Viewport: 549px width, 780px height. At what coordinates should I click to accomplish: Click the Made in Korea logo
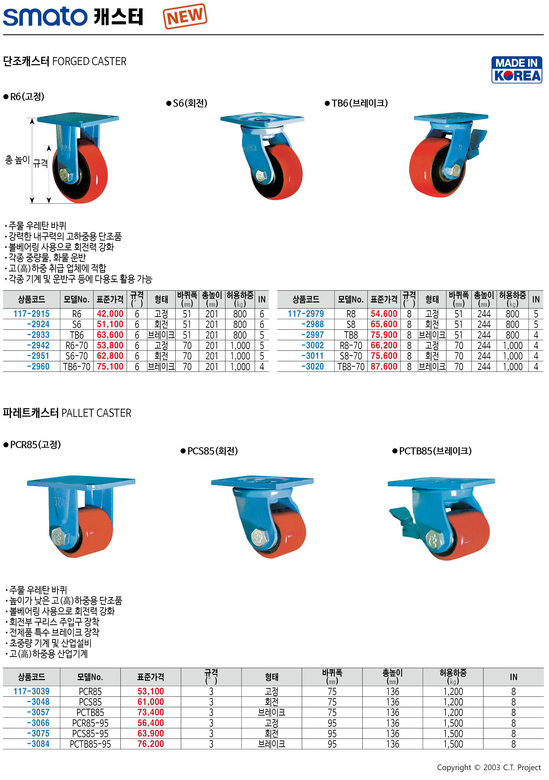coord(516,70)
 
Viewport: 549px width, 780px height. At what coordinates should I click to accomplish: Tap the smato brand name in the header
coord(45,16)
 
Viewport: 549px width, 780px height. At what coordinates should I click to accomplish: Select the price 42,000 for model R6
coord(110,314)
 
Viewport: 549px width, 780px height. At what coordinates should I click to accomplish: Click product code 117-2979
coord(306,314)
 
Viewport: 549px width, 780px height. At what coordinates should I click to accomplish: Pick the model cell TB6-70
coord(77,367)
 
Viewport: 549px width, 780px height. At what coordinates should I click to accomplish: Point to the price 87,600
coord(384,367)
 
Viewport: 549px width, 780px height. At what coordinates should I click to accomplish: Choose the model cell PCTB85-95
coord(90,744)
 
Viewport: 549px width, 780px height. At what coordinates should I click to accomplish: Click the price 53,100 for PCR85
coord(151,691)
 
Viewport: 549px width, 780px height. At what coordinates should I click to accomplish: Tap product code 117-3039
coord(31,691)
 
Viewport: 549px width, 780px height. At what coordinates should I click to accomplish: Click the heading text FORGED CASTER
coord(89,61)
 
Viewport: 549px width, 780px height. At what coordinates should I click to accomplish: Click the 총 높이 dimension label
coord(17,160)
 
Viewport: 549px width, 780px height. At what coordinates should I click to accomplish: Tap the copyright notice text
coord(489,768)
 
